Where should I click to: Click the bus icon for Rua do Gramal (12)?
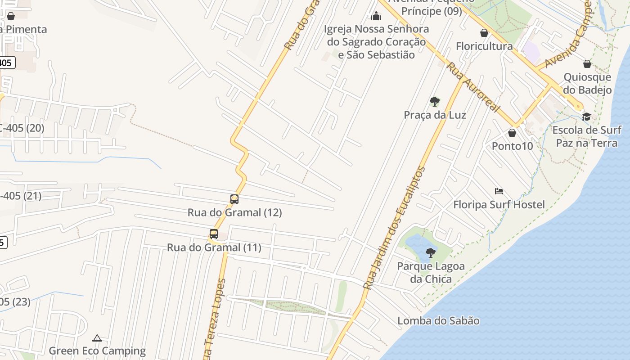pyautogui.click(x=234, y=199)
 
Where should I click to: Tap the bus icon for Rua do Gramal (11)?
pyautogui.click(x=214, y=234)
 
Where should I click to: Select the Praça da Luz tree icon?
pyautogui.click(x=434, y=101)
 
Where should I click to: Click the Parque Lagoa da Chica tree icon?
pyautogui.click(x=431, y=252)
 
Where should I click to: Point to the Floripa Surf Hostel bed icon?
pyautogui.click(x=499, y=191)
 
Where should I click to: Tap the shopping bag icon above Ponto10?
pyautogui.click(x=512, y=133)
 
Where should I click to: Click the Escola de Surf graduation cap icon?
pyautogui.click(x=586, y=117)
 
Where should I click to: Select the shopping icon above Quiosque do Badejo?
pyautogui.click(x=587, y=64)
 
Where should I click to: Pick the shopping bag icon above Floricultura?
pyautogui.click(x=484, y=33)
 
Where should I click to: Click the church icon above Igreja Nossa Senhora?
pyautogui.click(x=376, y=16)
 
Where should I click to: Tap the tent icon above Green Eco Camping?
pyautogui.click(x=97, y=338)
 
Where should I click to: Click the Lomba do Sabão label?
pyautogui.click(x=438, y=321)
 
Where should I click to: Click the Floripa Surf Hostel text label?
pyautogui.click(x=499, y=205)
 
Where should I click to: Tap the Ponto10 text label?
pyautogui.click(x=512, y=146)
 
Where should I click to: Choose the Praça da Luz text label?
pyautogui.click(x=435, y=115)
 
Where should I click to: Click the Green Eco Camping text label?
pyautogui.click(x=97, y=351)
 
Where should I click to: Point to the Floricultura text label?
pyautogui.click(x=484, y=46)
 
